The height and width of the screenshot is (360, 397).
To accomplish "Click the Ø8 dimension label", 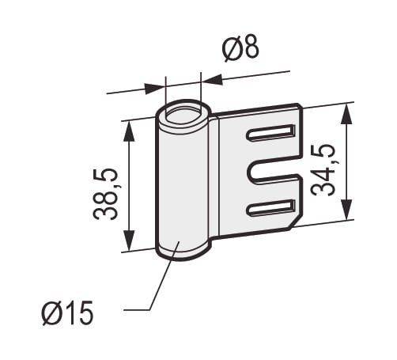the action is tap(240, 48).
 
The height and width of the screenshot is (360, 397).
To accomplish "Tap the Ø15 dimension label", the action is tap(67, 313).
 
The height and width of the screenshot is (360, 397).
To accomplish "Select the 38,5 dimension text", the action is tap(105, 194).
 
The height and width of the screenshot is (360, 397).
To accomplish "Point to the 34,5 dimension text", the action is tap(323, 169).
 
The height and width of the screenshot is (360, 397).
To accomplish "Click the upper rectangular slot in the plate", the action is tap(270, 132).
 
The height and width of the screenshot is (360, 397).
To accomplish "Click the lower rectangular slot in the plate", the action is tap(270, 207).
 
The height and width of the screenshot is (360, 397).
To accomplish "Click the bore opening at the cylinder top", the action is tap(183, 114).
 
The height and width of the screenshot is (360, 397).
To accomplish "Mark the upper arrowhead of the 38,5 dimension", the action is tap(129, 131).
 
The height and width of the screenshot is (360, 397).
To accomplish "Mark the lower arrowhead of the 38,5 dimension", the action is tap(129, 241).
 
